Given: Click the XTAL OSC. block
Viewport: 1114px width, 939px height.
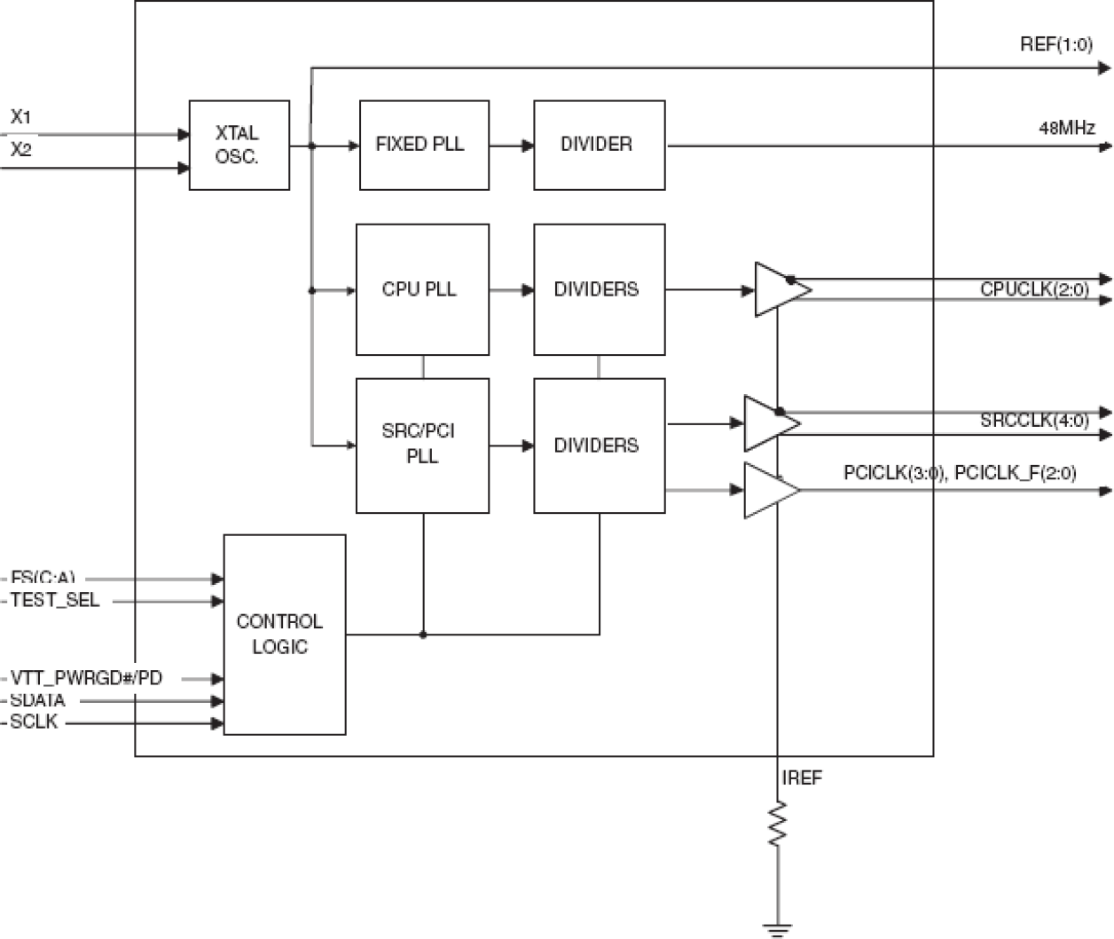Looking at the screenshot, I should [x=239, y=145].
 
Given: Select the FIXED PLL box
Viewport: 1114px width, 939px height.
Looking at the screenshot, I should [x=423, y=145].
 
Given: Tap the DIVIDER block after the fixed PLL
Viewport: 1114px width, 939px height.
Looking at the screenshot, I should [x=599, y=145].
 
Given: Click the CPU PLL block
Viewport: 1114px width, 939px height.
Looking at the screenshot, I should [x=421, y=289].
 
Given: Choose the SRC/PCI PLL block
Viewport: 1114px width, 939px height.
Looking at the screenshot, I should [x=421, y=445].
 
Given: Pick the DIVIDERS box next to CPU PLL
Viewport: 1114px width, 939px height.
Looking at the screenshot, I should [x=599, y=289].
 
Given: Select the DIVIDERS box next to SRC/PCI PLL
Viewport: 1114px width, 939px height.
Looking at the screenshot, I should [x=599, y=445].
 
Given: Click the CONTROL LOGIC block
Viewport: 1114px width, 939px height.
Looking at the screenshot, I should [x=284, y=634].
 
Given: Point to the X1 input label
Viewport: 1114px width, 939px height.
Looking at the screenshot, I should [x=21, y=117].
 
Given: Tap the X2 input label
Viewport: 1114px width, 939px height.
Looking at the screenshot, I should [x=21, y=150].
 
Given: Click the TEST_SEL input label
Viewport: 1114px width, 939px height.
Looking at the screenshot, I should [x=55, y=601].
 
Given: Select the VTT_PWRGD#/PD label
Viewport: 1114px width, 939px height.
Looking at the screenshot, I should [x=86, y=678].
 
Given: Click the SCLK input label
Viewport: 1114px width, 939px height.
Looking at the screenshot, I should [x=34, y=722].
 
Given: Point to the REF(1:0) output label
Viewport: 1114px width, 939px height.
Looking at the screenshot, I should [x=1055, y=44].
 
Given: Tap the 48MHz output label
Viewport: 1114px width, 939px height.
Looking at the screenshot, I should [x=1066, y=128].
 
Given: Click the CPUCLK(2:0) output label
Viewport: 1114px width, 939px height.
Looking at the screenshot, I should [x=1034, y=289].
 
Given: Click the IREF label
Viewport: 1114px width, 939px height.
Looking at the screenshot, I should [x=802, y=778].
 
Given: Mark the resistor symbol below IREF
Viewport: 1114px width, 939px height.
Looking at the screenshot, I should [x=777, y=824].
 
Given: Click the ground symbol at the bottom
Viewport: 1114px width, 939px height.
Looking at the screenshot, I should [x=777, y=929].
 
